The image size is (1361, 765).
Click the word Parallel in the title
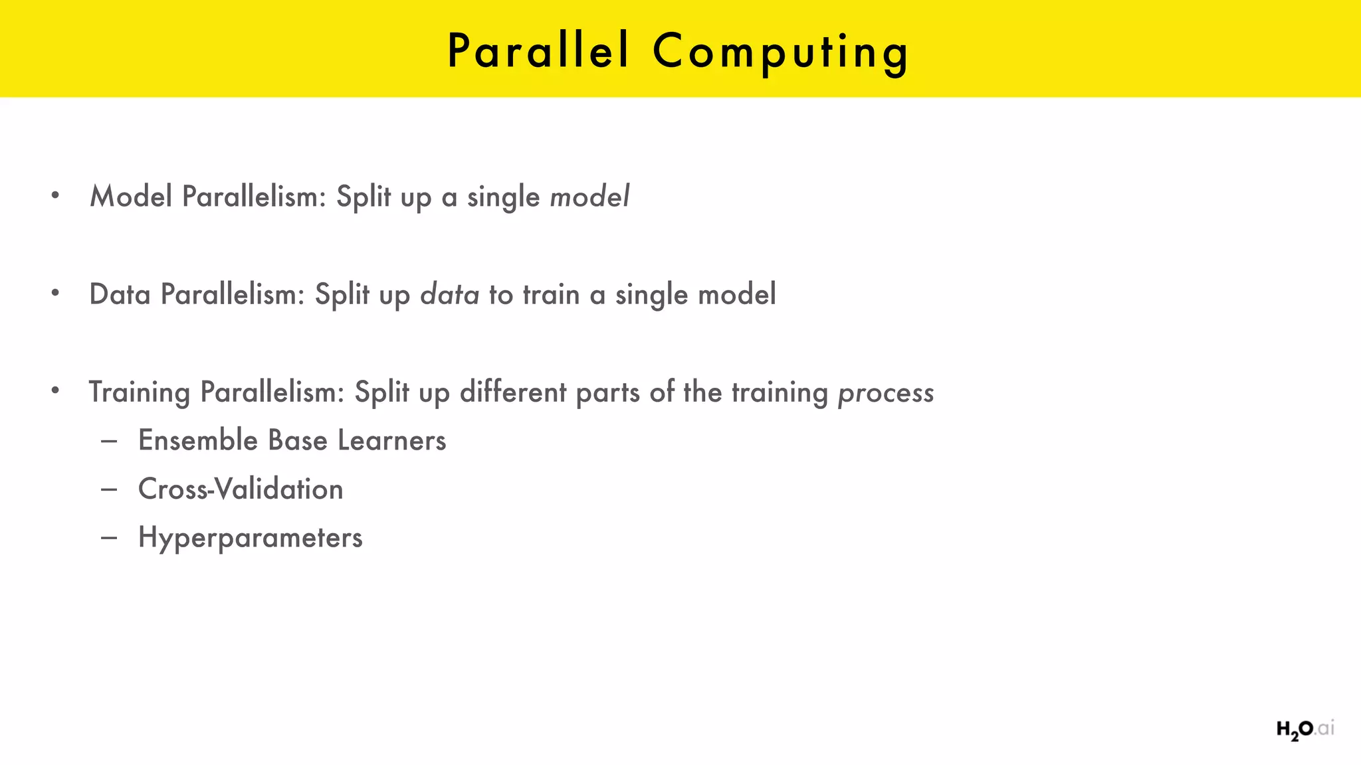click(538, 51)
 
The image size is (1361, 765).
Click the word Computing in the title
click(781, 52)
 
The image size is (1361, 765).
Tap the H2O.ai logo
click(1305, 729)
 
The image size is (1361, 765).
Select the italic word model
click(589, 197)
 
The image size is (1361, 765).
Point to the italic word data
click(449, 294)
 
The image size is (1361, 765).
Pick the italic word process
click(885, 392)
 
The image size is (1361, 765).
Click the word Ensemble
click(197, 440)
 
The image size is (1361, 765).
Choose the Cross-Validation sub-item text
click(241, 489)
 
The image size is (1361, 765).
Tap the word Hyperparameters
click(250, 538)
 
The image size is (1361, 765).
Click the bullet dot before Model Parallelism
click(56, 195)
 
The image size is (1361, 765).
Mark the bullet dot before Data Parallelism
click(56, 293)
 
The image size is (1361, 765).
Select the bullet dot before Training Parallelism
click(56, 390)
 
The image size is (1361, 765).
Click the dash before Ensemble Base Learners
click(110, 440)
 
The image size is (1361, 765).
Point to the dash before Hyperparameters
click(110, 537)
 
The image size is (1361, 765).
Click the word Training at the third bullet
click(140, 392)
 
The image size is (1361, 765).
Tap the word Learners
click(391, 440)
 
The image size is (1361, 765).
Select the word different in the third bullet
click(513, 392)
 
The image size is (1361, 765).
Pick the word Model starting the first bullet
click(131, 197)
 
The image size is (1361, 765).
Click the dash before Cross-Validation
click(110, 489)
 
